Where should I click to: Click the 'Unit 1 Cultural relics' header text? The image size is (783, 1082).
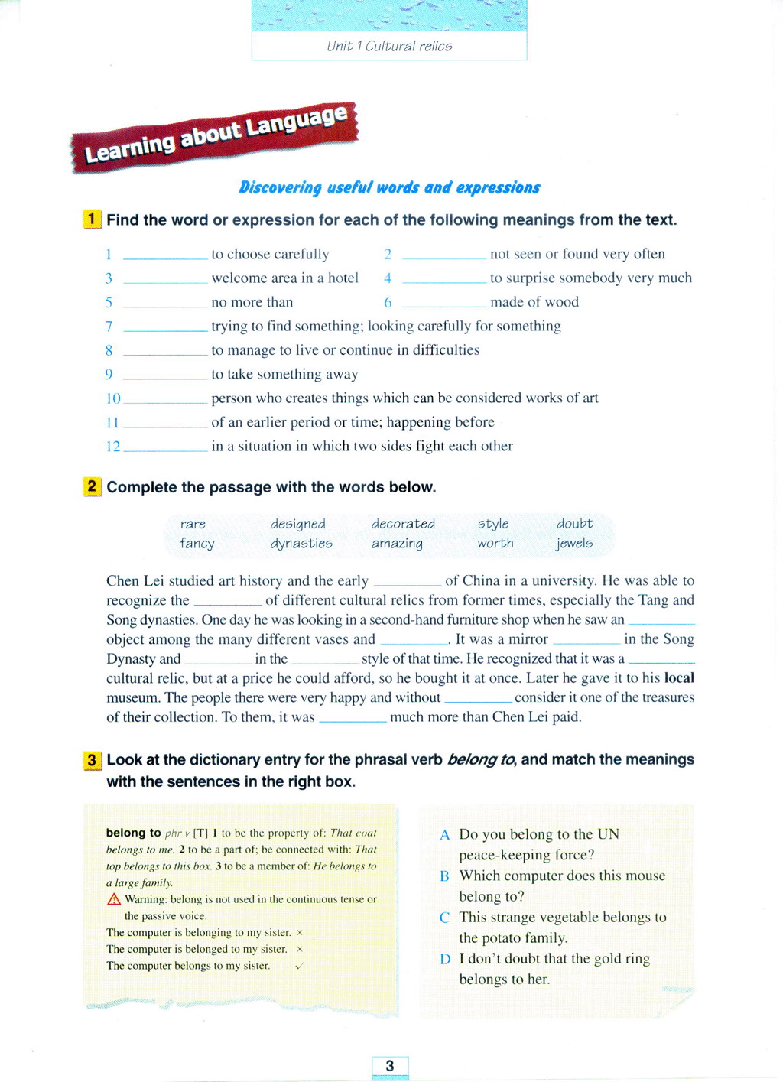[x=389, y=46]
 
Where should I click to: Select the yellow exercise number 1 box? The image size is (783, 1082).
[x=92, y=219]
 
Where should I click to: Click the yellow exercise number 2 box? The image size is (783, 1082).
[x=92, y=486]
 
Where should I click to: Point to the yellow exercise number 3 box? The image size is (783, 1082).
[x=92, y=759]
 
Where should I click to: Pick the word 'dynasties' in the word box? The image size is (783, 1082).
[x=301, y=543]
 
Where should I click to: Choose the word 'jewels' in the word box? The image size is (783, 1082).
[x=574, y=543]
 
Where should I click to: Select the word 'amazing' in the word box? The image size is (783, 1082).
[x=397, y=543]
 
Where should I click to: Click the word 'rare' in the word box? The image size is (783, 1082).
[x=193, y=524]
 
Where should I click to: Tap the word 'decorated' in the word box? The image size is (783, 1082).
[x=403, y=524]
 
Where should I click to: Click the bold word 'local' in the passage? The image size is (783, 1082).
[x=679, y=678]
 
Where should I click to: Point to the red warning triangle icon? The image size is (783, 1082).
[x=114, y=899]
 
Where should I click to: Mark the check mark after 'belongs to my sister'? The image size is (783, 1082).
[x=299, y=966]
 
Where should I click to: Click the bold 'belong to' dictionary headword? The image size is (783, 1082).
[x=134, y=833]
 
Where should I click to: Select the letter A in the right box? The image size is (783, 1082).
[x=445, y=835]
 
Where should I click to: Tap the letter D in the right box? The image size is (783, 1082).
[x=445, y=959]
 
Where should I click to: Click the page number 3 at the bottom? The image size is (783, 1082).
[x=390, y=1066]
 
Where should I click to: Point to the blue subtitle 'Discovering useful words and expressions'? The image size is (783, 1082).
[x=389, y=187]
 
